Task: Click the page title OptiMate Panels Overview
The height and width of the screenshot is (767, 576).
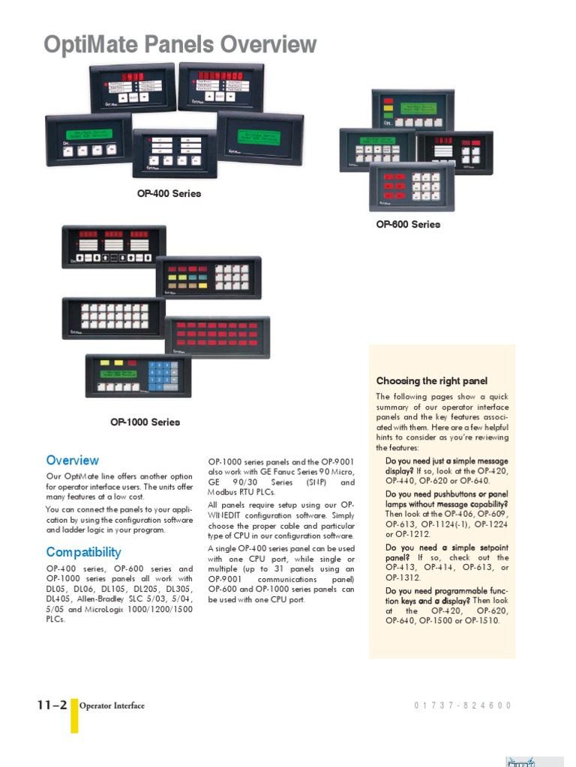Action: pyautogui.click(x=180, y=46)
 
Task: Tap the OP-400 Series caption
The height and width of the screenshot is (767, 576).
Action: pyautogui.click(x=169, y=194)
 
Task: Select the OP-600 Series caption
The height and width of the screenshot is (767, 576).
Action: pyautogui.click(x=408, y=225)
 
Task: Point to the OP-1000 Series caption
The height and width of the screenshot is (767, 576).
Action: pyautogui.click(x=145, y=422)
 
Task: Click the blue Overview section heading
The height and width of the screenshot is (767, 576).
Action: pyautogui.click(x=72, y=461)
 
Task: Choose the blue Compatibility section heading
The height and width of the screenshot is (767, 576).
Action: pyautogui.click(x=83, y=553)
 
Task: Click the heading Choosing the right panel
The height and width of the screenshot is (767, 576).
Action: pyautogui.click(x=431, y=381)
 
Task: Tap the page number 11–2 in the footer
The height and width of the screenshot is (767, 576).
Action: pyautogui.click(x=52, y=705)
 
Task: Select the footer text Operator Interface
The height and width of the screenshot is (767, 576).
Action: pyautogui.click(x=112, y=706)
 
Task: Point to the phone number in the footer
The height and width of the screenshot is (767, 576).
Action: pyautogui.click(x=462, y=706)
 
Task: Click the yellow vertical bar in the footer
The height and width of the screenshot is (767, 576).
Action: pyautogui.click(x=74, y=715)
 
